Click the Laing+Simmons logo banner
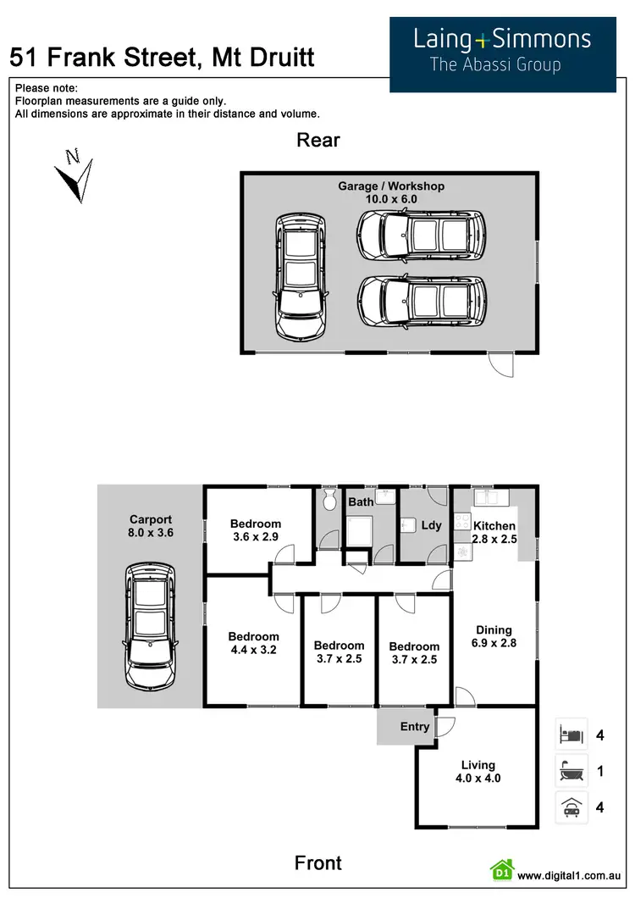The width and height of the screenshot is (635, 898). [x=502, y=54]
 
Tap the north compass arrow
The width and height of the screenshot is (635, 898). [x=75, y=175]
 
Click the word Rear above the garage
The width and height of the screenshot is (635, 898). [x=318, y=140]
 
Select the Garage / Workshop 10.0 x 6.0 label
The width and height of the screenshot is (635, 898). [x=391, y=192]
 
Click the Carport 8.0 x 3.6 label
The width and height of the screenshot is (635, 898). [x=151, y=527]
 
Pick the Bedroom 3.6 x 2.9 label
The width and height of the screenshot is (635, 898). [x=255, y=530]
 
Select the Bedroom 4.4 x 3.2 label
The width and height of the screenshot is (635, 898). [x=253, y=643]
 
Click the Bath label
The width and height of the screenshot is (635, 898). [x=362, y=502]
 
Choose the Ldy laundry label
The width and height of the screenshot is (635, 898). [x=431, y=525]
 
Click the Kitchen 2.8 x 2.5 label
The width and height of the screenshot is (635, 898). [x=494, y=532]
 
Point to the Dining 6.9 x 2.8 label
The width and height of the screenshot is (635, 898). [x=494, y=636]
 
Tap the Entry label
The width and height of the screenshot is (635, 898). [x=415, y=726]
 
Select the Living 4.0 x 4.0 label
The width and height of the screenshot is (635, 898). [x=478, y=772]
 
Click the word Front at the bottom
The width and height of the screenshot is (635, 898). [x=318, y=863]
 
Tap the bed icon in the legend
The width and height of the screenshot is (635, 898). [x=571, y=734]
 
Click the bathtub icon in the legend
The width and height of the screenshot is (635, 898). [x=571, y=772]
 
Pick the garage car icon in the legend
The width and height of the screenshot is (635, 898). [x=571, y=807]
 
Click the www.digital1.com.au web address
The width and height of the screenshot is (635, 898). [x=571, y=875]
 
